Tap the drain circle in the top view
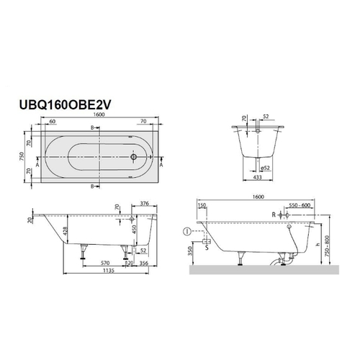pyautogui.click(x=133, y=155)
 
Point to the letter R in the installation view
pyautogui.click(x=275, y=215)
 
